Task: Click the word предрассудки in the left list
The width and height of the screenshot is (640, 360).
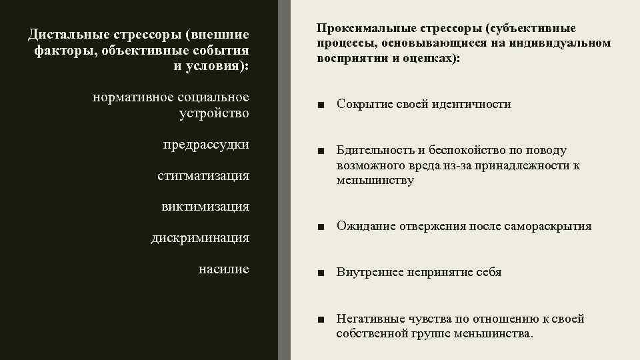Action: [x=206, y=145]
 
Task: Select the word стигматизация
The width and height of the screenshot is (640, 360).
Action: [x=203, y=176]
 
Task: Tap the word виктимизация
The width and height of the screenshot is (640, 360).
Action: [x=205, y=207]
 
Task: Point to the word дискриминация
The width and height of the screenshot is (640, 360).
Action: [x=200, y=237]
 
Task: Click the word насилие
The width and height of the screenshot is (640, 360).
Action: [x=224, y=269]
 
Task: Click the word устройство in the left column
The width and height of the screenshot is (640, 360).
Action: [x=214, y=113]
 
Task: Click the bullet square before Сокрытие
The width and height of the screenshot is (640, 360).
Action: [x=322, y=105]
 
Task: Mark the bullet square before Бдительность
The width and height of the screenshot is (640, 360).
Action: [x=322, y=151]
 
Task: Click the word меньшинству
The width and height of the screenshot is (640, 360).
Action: [x=375, y=180]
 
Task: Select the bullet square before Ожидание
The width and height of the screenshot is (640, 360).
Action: [x=322, y=227]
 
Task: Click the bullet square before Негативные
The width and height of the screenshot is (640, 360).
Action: [x=322, y=319]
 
